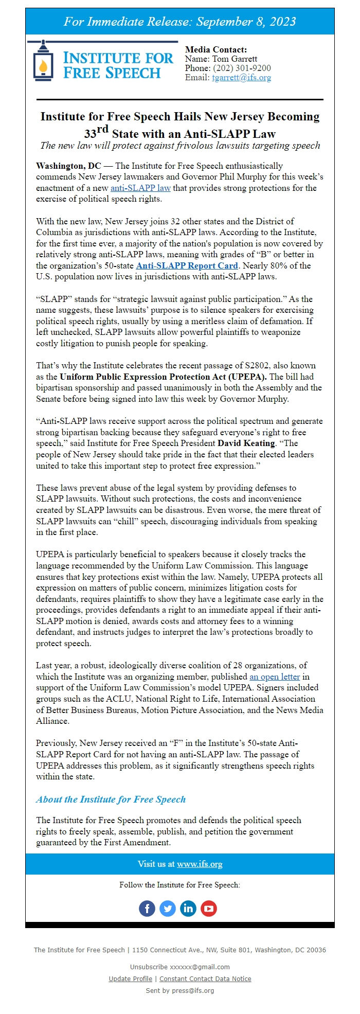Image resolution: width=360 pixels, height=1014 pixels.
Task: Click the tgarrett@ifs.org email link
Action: click(241, 78)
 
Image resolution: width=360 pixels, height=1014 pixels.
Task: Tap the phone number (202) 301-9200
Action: click(242, 68)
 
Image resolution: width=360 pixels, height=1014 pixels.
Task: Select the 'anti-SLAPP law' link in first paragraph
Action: click(140, 188)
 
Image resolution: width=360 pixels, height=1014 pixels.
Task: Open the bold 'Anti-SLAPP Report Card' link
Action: click(187, 266)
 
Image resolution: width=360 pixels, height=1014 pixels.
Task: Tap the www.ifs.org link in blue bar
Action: click(200, 864)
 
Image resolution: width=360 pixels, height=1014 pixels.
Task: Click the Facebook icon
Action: click(147, 909)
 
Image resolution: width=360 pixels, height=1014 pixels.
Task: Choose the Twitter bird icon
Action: click(168, 909)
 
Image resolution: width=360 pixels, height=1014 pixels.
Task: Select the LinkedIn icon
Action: click(188, 909)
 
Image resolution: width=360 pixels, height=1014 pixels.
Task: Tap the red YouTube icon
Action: click(209, 909)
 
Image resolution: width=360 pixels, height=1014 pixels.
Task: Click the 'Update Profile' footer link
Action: click(131, 979)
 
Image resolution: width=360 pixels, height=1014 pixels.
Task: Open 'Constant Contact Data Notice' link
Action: click(205, 979)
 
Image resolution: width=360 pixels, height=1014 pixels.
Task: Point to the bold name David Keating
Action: click(246, 443)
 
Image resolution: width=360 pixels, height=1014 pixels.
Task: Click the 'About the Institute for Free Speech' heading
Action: click(111, 799)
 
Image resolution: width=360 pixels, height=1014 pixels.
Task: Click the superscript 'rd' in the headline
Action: click(102, 129)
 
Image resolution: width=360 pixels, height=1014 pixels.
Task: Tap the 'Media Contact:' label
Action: click(216, 50)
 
